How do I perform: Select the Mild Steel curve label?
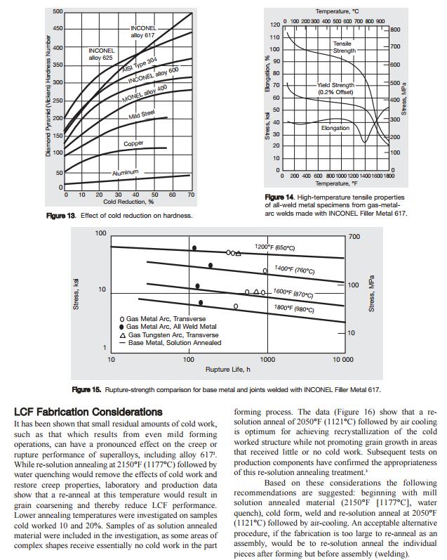click(142, 115)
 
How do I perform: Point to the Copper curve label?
click(133, 143)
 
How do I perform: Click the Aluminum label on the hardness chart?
click(125, 172)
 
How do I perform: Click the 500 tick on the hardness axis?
click(58, 11)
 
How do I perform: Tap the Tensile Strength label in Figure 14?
click(344, 47)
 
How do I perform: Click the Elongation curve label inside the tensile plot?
click(335, 129)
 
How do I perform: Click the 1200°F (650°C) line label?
click(274, 247)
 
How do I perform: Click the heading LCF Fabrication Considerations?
click(88, 411)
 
